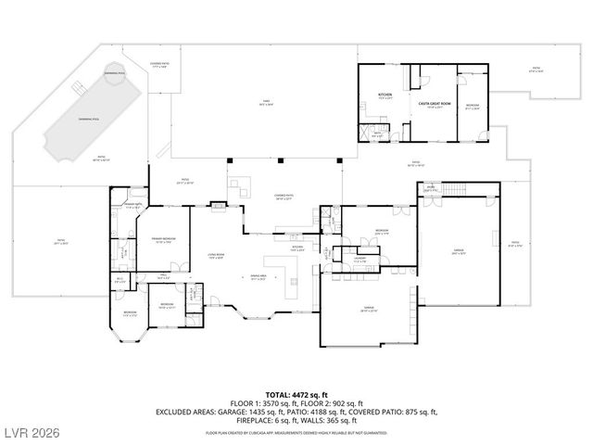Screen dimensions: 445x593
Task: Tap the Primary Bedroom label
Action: (164, 240)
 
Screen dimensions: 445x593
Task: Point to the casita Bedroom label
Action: (472, 106)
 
